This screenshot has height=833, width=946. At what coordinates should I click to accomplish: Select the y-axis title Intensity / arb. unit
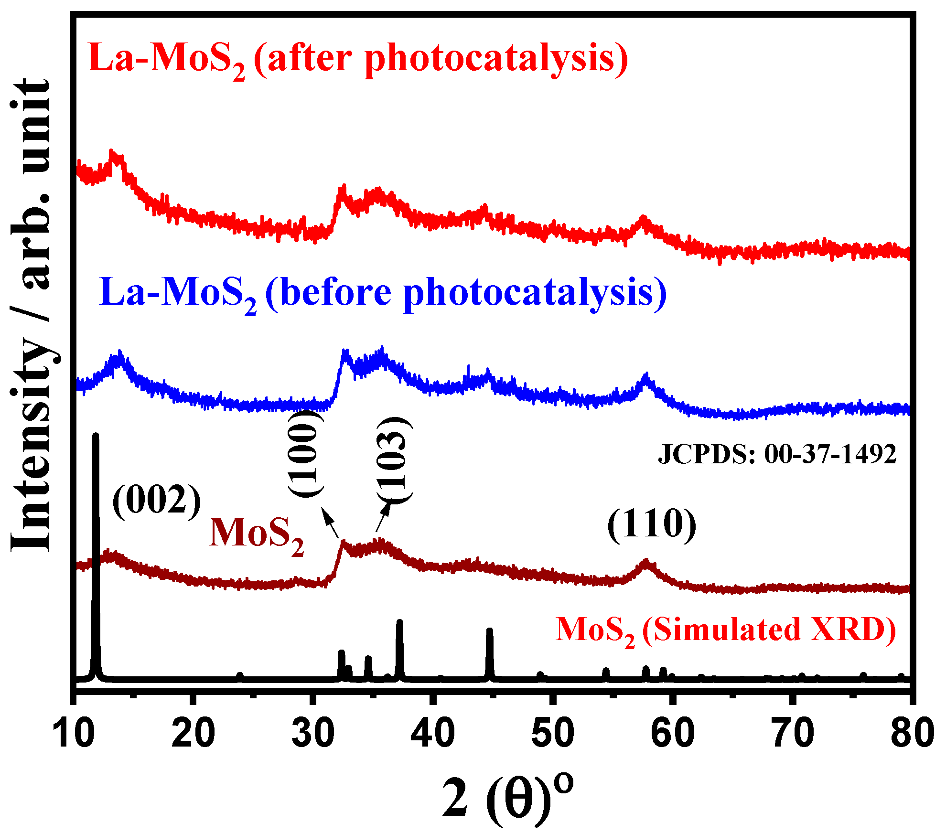click(31, 315)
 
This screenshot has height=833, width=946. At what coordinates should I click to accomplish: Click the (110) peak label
click(652, 524)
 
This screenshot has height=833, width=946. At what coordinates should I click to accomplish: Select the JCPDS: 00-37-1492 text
click(777, 454)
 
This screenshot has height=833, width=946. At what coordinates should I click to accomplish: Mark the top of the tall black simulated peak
click(95, 435)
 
